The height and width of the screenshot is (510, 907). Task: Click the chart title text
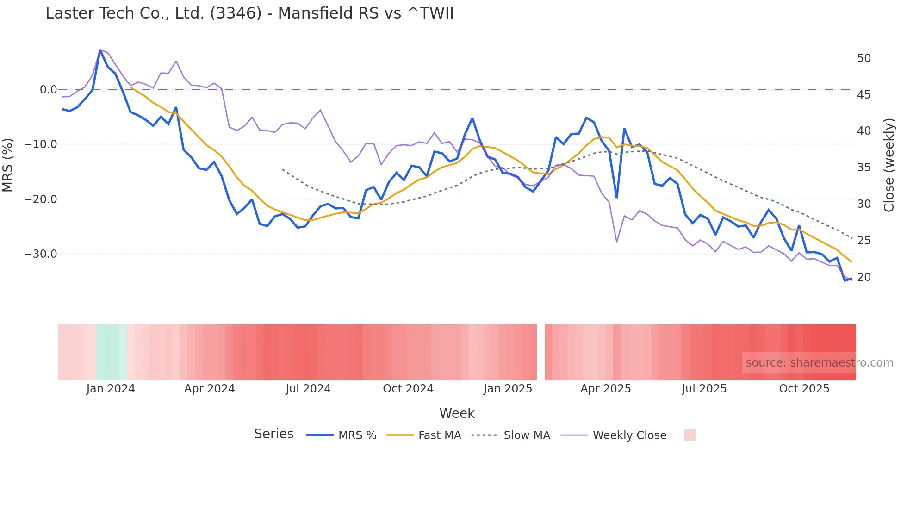pos(249,13)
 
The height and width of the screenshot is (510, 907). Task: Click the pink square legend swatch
pos(690,435)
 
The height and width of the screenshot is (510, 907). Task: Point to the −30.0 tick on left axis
pos(41,254)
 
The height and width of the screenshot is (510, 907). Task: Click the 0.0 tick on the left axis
pos(48,90)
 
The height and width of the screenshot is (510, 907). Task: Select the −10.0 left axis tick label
pos(41,144)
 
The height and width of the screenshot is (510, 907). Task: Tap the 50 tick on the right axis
pos(864,58)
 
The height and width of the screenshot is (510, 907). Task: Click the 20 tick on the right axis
pos(864,277)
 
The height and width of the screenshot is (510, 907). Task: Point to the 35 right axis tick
pos(864,168)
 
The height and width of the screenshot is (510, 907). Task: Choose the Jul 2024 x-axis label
pos(308,389)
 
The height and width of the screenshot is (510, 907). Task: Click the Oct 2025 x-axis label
pos(804,389)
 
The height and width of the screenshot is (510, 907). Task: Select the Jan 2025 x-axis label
pos(508,389)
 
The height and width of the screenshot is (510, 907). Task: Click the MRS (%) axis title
pos(8,165)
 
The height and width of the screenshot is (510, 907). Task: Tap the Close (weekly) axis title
pos(888,165)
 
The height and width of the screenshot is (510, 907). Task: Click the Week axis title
pos(457,413)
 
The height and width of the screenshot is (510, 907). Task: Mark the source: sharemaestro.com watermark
pos(819,363)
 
